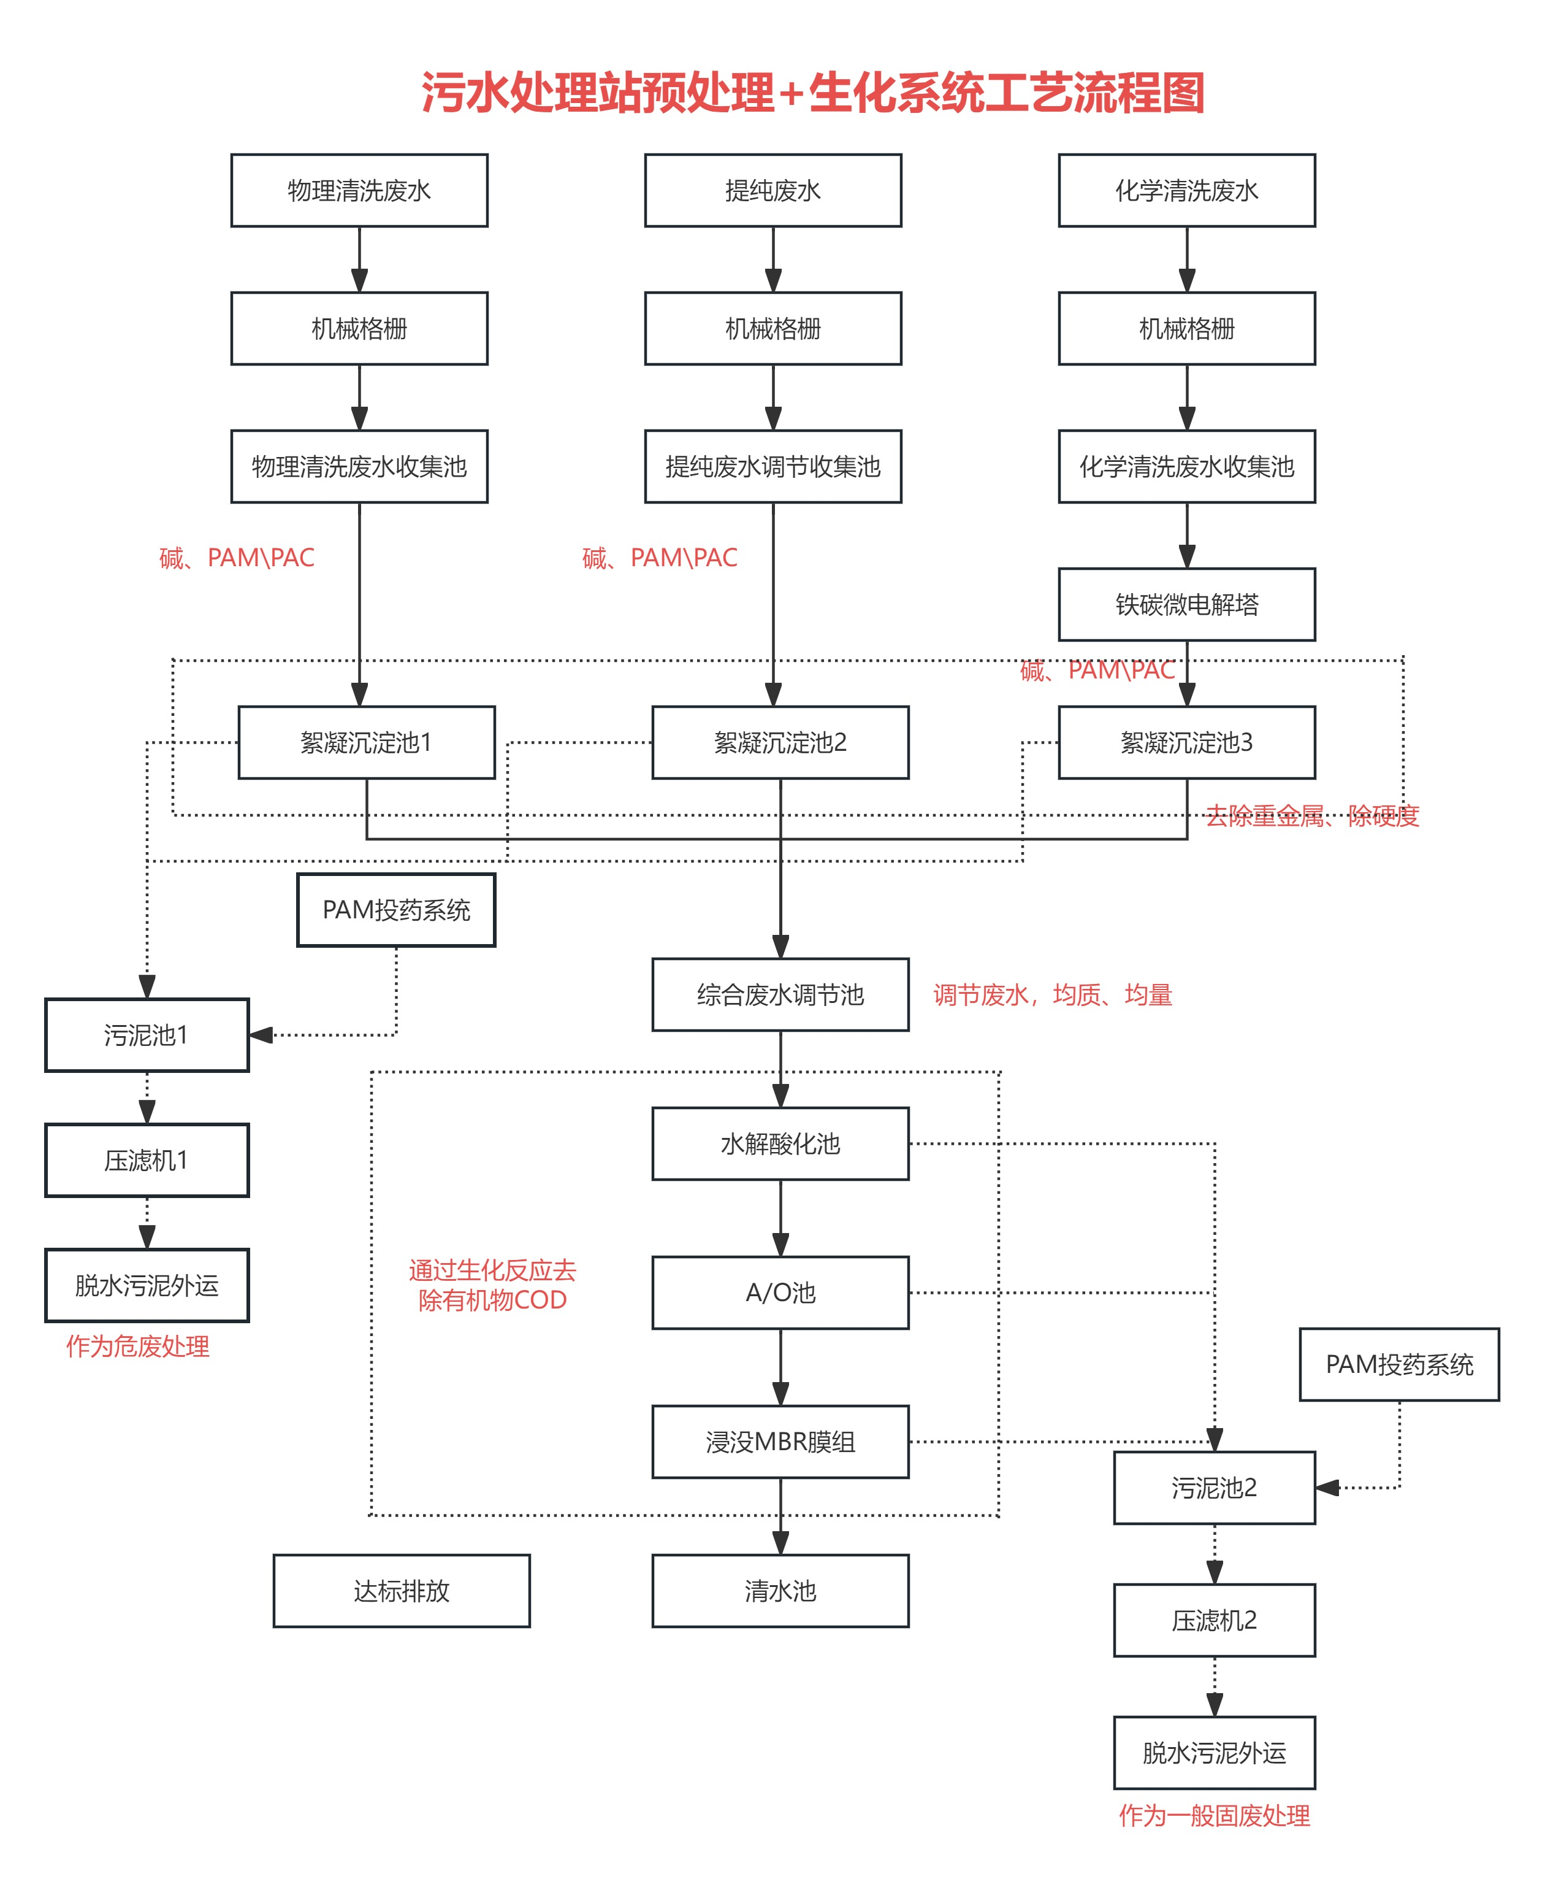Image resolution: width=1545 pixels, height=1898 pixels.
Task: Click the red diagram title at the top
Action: (812, 93)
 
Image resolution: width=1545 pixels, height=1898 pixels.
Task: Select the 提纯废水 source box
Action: (772, 191)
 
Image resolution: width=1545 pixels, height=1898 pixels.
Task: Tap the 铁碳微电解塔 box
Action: (1186, 604)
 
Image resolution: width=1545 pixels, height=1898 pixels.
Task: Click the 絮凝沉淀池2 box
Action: (780, 742)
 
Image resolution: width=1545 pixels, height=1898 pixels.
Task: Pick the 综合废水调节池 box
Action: (780, 994)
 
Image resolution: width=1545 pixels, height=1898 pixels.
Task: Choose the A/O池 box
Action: (780, 1293)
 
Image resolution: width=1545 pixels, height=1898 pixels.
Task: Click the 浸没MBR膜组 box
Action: (780, 1442)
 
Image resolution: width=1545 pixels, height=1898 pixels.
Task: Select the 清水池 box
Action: (780, 1591)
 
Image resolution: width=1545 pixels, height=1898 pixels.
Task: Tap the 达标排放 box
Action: (402, 1591)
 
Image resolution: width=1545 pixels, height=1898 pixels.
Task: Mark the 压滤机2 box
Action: (1214, 1620)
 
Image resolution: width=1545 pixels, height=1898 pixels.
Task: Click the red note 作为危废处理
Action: (138, 1346)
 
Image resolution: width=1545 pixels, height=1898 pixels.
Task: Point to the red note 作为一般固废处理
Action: (1214, 1816)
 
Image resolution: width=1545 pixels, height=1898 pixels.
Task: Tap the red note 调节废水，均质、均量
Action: (1053, 994)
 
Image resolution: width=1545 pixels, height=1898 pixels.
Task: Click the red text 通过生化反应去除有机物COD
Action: (492, 1285)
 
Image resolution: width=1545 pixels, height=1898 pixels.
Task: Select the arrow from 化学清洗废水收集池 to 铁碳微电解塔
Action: (1186, 535)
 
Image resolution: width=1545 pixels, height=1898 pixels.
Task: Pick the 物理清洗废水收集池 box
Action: (359, 466)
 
